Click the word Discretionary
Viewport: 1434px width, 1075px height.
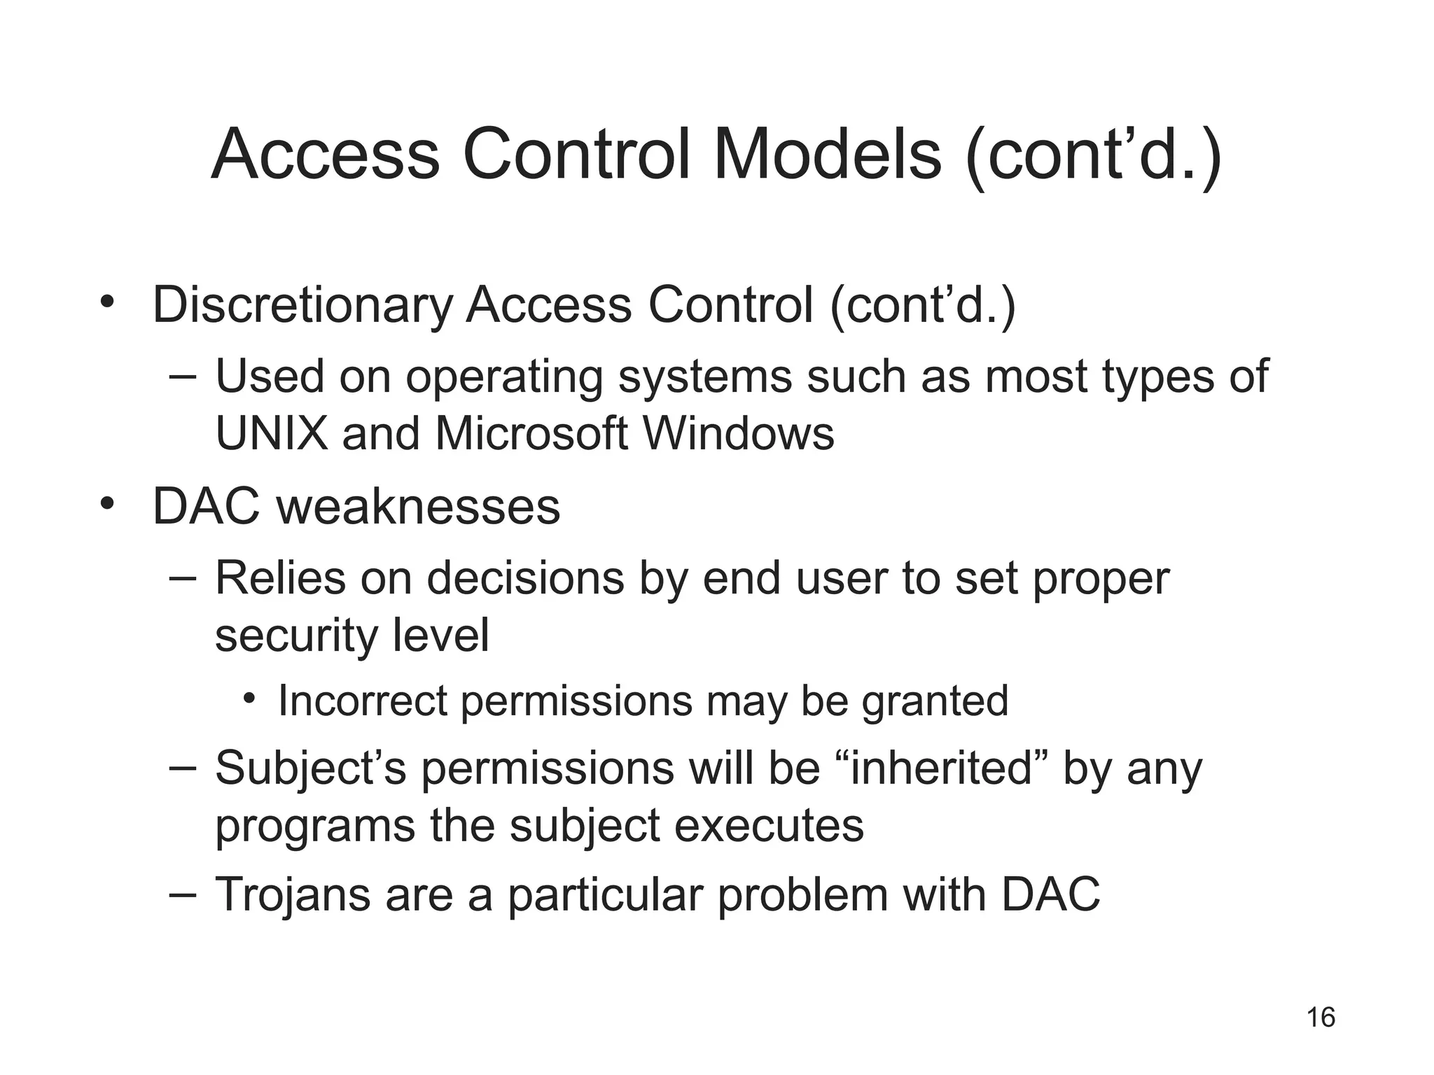point(302,305)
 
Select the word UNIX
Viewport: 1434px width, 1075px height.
point(272,434)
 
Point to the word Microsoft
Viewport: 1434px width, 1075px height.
point(531,434)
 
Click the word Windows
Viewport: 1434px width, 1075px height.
point(739,434)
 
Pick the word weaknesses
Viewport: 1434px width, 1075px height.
point(418,507)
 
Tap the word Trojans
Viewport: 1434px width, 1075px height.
point(292,894)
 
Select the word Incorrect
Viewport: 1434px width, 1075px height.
point(362,701)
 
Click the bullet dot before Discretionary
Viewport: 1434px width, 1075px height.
point(106,302)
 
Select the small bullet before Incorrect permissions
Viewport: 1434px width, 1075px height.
point(250,698)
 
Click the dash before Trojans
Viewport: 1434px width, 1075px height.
point(183,894)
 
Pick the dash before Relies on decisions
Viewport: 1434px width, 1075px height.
point(183,578)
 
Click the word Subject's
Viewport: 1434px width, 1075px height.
point(310,768)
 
